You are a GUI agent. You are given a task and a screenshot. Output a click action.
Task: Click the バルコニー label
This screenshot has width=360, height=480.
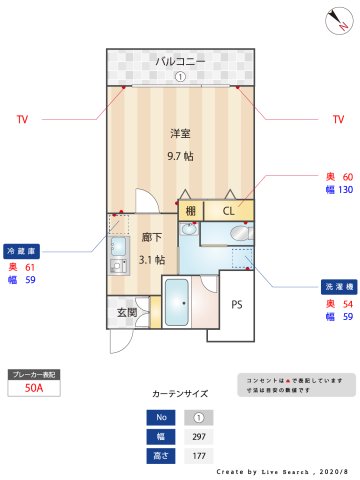(x=180, y=61)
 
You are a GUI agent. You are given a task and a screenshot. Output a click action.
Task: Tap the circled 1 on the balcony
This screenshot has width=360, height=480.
(x=180, y=76)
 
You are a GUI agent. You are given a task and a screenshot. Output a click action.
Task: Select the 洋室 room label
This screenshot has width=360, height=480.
(x=180, y=133)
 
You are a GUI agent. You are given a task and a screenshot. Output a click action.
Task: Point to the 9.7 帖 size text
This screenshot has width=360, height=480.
(x=180, y=156)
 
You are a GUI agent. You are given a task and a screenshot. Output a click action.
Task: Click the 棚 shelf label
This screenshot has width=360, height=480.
(x=190, y=211)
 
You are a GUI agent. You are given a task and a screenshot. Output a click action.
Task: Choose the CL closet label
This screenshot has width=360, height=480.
(x=228, y=211)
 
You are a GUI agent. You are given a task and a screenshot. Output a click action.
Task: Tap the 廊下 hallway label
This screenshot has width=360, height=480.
(x=151, y=238)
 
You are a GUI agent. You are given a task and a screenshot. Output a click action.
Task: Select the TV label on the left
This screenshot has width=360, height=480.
(x=22, y=120)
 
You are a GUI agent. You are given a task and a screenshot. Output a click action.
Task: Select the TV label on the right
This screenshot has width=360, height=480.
(x=338, y=120)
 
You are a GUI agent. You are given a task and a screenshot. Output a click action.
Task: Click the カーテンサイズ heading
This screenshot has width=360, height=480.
(x=180, y=394)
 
